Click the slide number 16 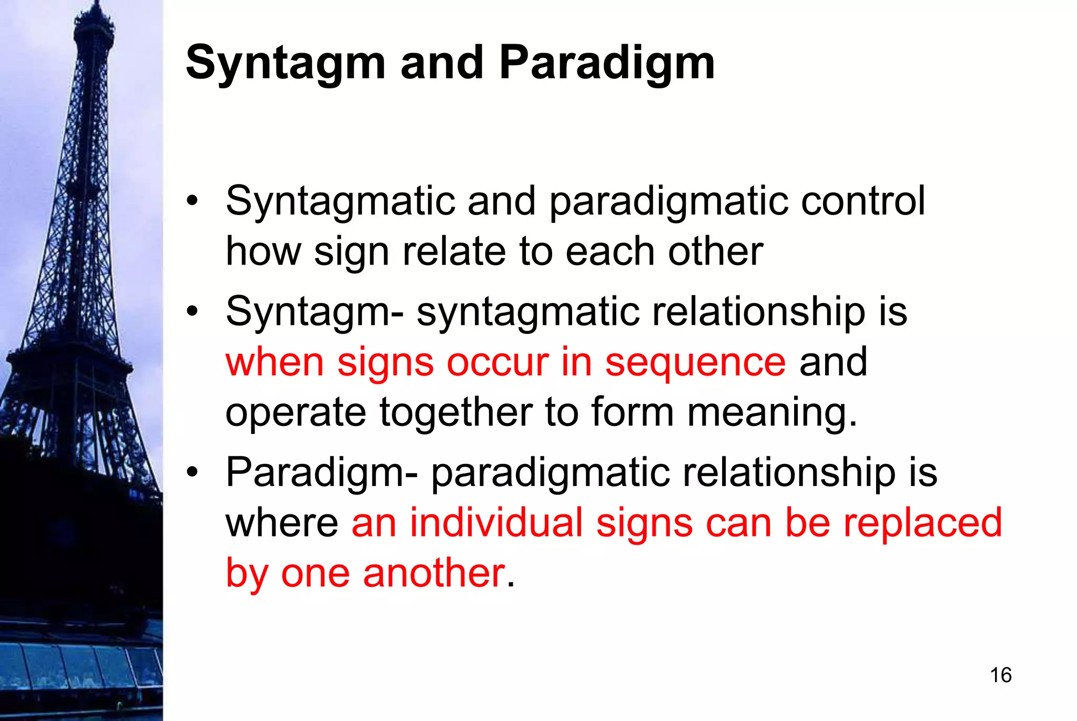click(1000, 675)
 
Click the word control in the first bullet click(862, 201)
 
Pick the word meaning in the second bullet click(772, 412)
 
